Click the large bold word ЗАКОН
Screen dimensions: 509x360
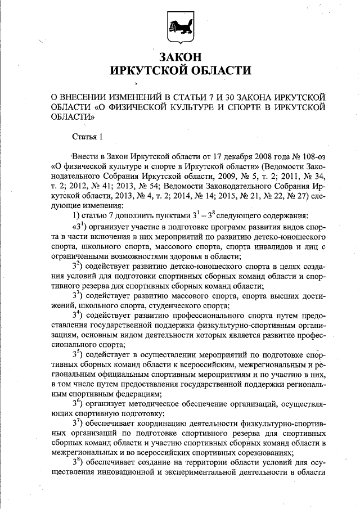(180, 57)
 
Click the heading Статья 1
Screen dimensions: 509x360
(88, 137)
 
